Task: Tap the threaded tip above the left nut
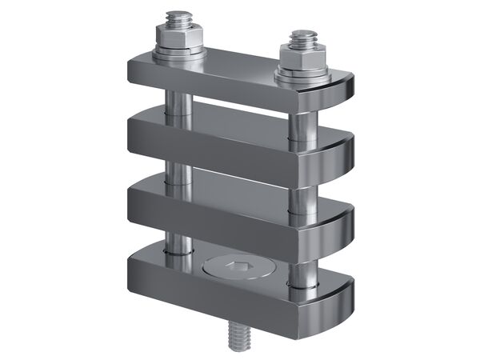[177, 18]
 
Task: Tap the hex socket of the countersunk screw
[237, 267]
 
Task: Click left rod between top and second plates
[177, 100]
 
